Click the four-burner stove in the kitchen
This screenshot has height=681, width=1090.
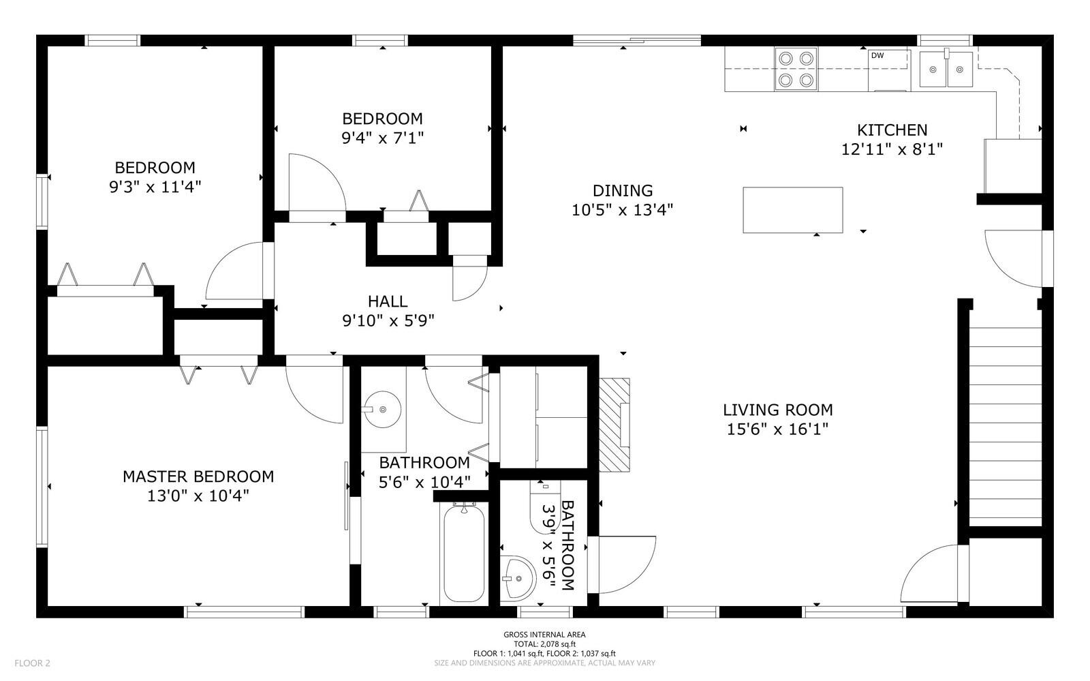tap(796, 69)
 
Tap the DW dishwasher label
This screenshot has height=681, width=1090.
tap(877, 55)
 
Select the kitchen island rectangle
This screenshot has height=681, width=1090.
tap(793, 210)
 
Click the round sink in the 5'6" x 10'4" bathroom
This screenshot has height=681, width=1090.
tap(382, 410)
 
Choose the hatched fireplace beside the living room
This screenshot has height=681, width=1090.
tap(614, 425)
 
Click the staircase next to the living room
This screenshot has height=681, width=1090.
tap(1006, 427)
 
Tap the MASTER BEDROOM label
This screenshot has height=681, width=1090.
tap(198, 476)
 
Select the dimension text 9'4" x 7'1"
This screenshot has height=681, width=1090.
tap(382, 138)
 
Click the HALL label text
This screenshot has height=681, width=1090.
tap(388, 301)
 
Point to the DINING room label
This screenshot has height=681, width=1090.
tap(623, 190)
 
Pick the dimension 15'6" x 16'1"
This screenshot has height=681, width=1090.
tap(777, 429)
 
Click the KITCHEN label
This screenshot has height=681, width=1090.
tap(892, 130)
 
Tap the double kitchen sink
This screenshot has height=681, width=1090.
tap(946, 69)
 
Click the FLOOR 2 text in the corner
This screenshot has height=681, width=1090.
tap(32, 663)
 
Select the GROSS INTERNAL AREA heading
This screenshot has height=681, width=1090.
tap(544, 634)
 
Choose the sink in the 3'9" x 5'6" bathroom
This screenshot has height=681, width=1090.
tap(518, 578)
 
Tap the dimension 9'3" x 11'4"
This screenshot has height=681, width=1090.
tap(155, 186)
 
